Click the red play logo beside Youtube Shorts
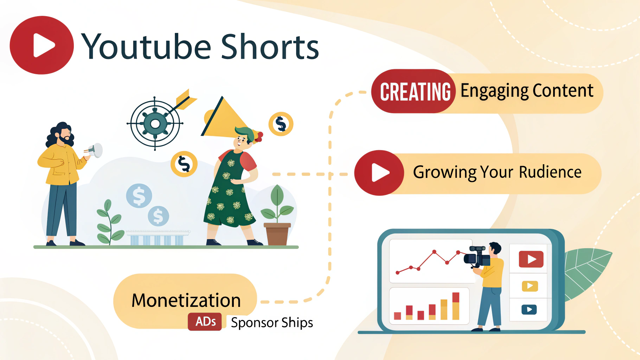(42, 45)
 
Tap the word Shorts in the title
(270, 47)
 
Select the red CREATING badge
(415, 92)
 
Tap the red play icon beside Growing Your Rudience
(379, 173)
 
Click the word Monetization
(186, 301)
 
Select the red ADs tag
(205, 322)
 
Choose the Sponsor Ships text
(272, 323)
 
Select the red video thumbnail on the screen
(531, 259)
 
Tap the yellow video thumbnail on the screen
(530, 286)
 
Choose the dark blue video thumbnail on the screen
(529, 309)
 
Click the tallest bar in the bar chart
(456, 306)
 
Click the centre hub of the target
(155, 124)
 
